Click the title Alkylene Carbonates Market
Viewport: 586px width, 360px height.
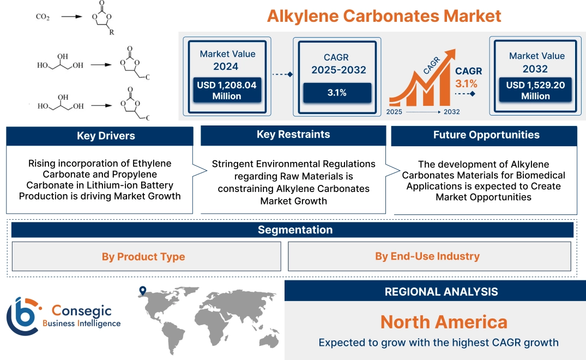tap(384, 16)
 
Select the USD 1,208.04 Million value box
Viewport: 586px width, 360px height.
tap(226, 91)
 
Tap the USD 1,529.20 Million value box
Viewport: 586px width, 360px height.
tap(535, 91)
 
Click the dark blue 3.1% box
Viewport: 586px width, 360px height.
tap(337, 93)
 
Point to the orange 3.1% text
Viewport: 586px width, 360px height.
tap(466, 83)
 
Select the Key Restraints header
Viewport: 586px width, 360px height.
tap(293, 135)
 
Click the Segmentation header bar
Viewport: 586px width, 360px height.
tap(295, 230)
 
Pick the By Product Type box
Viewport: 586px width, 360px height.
tap(143, 256)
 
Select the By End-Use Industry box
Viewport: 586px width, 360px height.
tap(427, 256)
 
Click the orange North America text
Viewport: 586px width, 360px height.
tap(443, 322)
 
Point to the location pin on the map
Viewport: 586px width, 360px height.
tap(143, 291)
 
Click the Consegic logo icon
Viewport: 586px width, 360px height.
tap(23, 316)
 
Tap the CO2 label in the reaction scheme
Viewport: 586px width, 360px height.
tap(43, 17)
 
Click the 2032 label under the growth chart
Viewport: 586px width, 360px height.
tap(451, 112)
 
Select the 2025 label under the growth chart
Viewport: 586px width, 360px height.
tap(395, 112)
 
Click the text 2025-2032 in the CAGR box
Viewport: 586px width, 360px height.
tap(338, 70)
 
